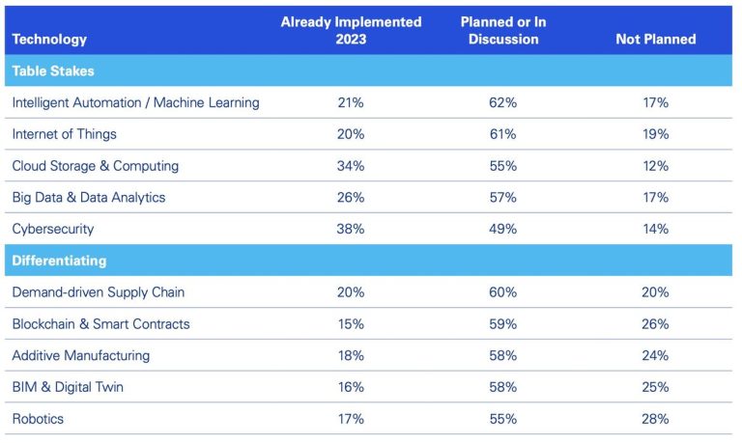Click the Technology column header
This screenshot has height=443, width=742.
pos(49,40)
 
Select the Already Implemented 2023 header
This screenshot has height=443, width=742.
pos(351,30)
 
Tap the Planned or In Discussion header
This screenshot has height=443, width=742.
pos(502,30)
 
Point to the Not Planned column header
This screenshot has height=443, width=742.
pos(655,40)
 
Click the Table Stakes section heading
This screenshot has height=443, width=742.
pos(53,70)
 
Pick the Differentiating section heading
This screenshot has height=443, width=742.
pos(59,261)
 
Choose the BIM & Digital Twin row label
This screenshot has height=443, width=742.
pos(68,387)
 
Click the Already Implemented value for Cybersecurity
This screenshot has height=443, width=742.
pos(351,229)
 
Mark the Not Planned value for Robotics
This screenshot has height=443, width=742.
pos(655,419)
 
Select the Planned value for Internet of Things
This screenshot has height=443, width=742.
pos(502,134)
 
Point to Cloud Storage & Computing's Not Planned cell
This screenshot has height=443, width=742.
pos(655,166)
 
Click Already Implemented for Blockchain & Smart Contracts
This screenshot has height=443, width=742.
pos(351,324)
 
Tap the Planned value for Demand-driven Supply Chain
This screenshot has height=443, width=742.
pos(502,292)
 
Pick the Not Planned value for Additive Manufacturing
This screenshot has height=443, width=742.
pos(655,355)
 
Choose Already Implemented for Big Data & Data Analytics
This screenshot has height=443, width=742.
pos(351,198)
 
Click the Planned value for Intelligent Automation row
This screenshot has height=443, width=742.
pos(502,102)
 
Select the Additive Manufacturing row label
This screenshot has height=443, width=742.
pos(80,355)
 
